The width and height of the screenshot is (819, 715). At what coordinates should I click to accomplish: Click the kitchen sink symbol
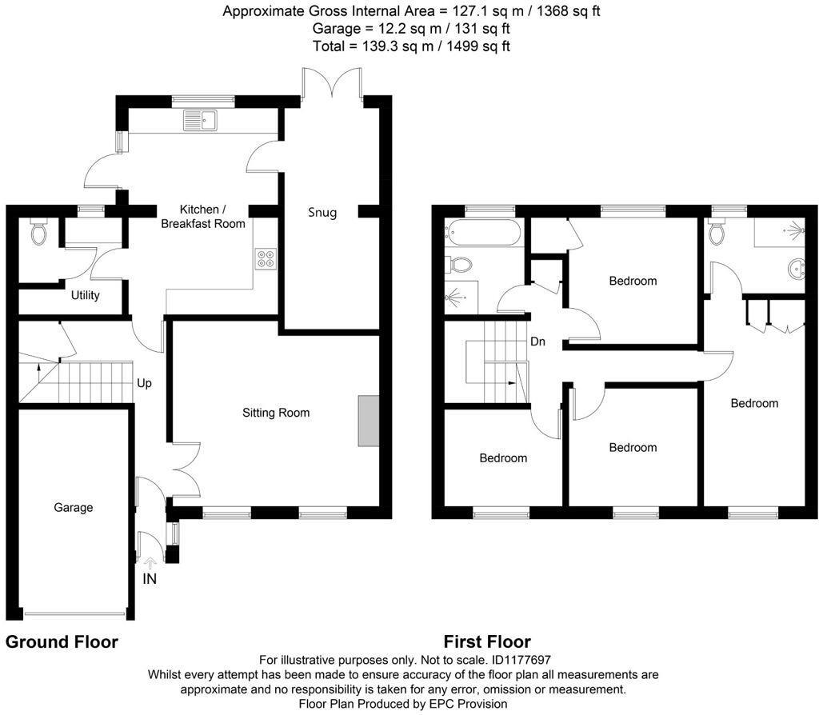[200, 121]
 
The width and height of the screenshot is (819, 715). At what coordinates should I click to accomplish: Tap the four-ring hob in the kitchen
[265, 259]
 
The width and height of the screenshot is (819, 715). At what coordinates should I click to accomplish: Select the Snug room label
[322, 213]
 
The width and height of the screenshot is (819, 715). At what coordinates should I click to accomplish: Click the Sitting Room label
[276, 413]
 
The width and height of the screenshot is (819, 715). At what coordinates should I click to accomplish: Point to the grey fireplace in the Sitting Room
[369, 420]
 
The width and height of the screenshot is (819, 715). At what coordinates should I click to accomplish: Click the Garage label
[74, 507]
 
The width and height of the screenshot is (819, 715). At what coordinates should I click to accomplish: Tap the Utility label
[86, 295]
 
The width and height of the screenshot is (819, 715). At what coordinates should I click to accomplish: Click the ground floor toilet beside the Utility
[38, 232]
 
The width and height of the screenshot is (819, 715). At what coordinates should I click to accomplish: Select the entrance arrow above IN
[150, 563]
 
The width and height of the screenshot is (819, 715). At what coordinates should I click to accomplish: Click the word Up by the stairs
[144, 383]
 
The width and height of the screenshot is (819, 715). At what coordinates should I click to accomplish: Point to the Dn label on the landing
[537, 342]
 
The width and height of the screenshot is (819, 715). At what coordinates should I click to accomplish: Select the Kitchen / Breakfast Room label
[202, 216]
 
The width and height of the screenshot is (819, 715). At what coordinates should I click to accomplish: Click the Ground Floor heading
[62, 641]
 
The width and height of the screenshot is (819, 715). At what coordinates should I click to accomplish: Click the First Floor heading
[487, 641]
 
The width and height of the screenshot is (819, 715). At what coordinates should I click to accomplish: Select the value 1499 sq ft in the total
[476, 46]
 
